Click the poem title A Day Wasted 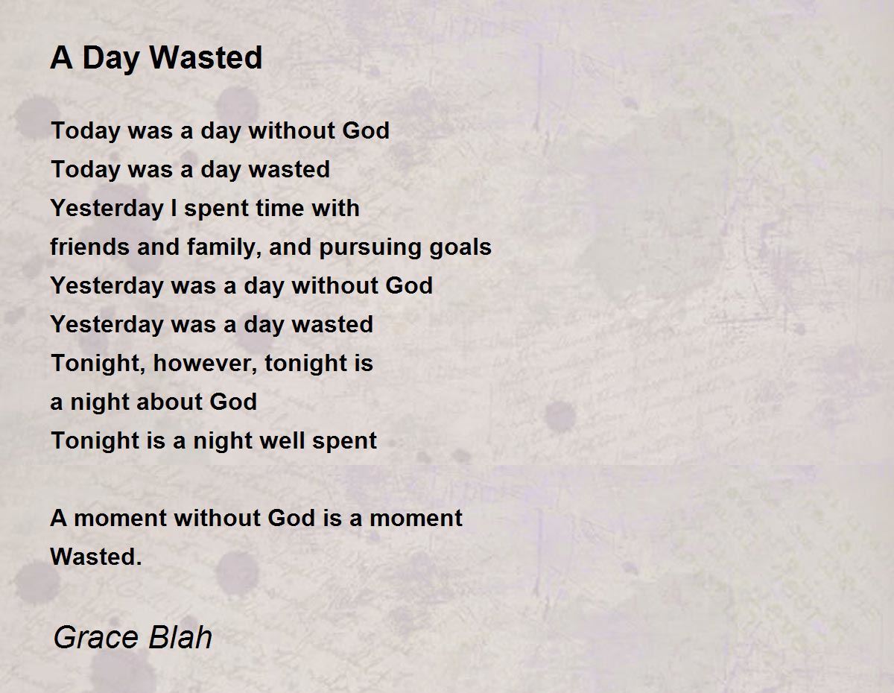pyautogui.click(x=156, y=58)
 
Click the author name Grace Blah pyautogui.click(x=133, y=637)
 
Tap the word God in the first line pyautogui.click(x=366, y=131)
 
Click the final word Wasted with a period pyautogui.click(x=96, y=557)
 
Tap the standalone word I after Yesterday pyautogui.click(x=174, y=208)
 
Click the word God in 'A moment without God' pyautogui.click(x=291, y=518)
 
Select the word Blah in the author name pyautogui.click(x=180, y=637)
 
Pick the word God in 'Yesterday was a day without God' pyautogui.click(x=409, y=285)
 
